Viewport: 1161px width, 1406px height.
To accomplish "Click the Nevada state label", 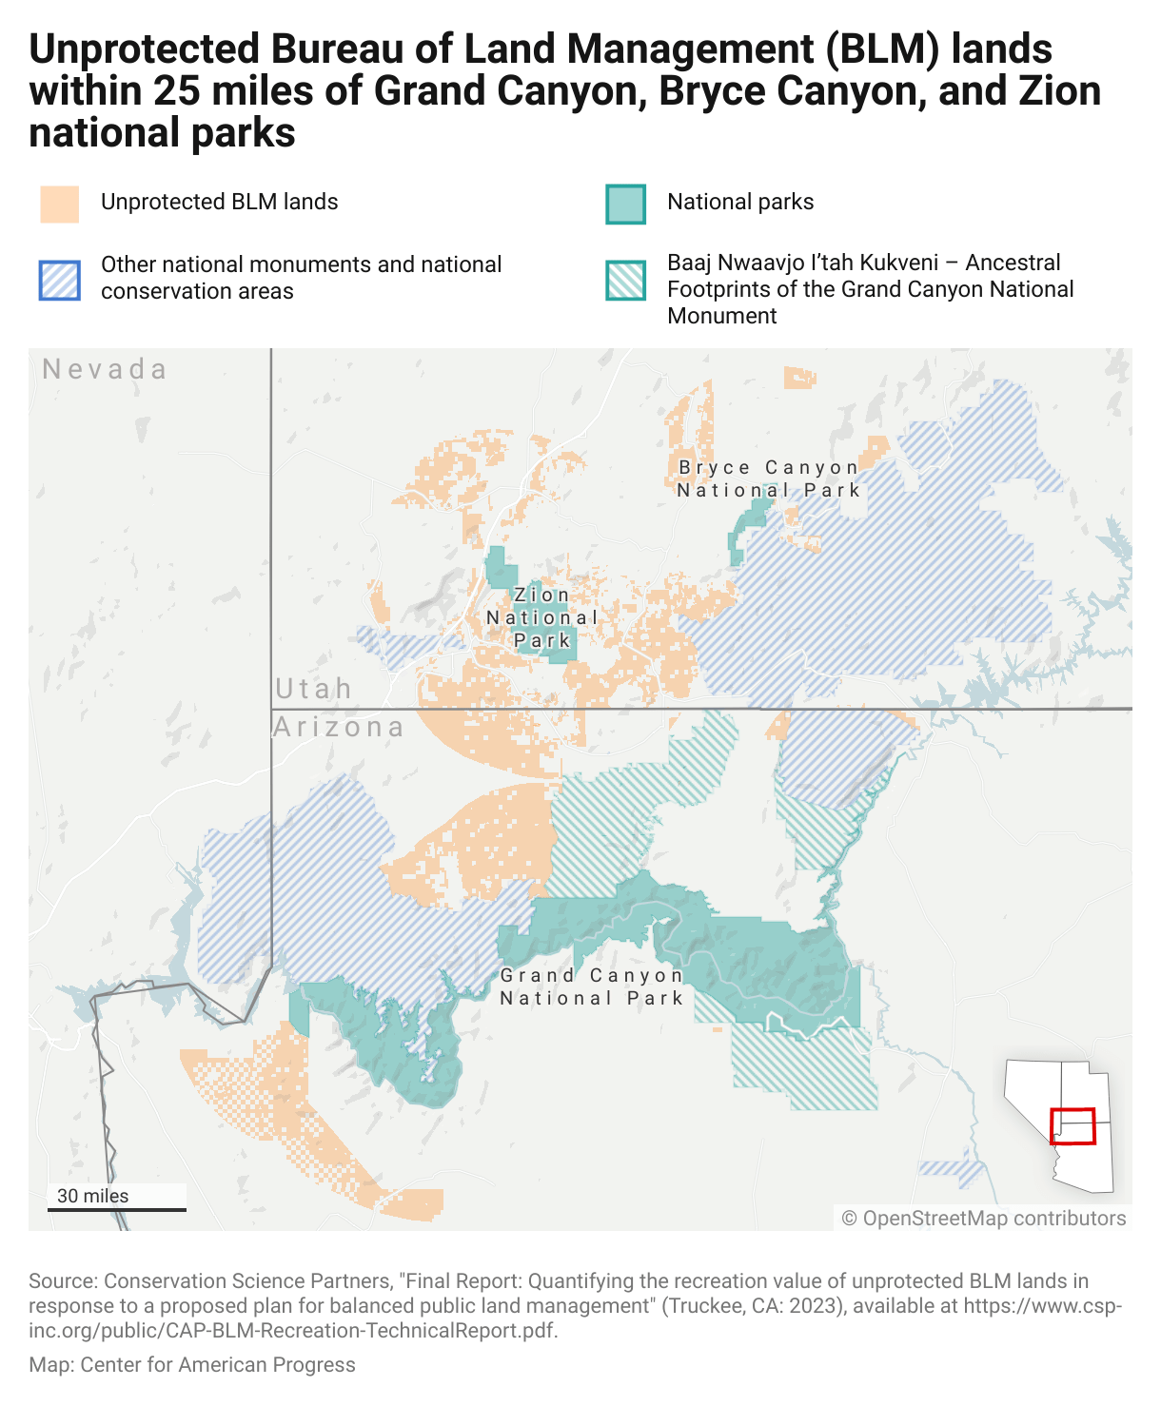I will pos(105,369).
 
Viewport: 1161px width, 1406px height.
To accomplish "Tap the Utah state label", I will pos(313,688).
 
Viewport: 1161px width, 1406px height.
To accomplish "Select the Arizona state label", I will pos(339,727).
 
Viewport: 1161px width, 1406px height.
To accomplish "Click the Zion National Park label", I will pos(541,617).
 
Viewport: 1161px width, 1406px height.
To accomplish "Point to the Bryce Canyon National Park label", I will pos(769,478).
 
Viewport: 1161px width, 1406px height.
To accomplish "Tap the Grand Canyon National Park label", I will pos(592,986).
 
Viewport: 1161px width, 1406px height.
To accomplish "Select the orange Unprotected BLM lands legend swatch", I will pos(59,204).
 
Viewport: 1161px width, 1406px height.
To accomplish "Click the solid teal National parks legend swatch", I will pos(625,204).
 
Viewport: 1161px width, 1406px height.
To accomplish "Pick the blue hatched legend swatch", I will pos(59,280).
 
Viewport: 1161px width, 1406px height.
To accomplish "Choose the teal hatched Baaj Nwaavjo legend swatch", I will pos(625,280).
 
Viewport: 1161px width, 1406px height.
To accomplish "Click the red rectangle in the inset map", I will pos(1072,1126).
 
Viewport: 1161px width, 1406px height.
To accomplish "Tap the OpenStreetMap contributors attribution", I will pos(984,1219).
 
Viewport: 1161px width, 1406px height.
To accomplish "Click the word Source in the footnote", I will pos(62,1281).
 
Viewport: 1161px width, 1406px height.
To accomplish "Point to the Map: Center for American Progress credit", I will pos(192,1365).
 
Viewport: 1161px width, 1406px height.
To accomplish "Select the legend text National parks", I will pos(740,202).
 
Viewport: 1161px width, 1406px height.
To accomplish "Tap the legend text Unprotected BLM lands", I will pos(219,202).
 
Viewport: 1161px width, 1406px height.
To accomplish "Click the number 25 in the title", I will pos(175,91).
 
